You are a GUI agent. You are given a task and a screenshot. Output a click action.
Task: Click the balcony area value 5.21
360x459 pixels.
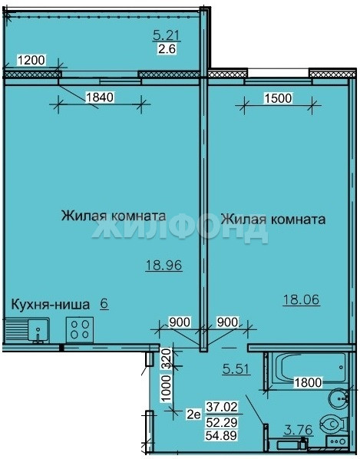(166, 36)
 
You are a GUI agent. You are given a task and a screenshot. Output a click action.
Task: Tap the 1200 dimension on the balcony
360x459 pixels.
(31, 61)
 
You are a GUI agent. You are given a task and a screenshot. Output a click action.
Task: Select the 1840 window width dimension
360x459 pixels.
(99, 97)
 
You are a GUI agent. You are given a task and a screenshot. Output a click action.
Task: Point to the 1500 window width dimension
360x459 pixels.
(278, 98)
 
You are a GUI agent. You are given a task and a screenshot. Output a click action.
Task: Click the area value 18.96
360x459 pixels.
(163, 266)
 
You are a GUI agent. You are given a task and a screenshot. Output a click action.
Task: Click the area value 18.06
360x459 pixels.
(301, 300)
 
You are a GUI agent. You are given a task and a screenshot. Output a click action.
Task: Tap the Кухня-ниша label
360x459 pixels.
(50, 305)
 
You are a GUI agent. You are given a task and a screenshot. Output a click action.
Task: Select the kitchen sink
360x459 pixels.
(26, 331)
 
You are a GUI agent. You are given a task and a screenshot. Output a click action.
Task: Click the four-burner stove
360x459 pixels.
(80, 329)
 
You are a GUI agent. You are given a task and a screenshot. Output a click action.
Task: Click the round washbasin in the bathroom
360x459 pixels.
(338, 398)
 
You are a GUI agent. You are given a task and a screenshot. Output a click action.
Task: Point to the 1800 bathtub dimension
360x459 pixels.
(309, 382)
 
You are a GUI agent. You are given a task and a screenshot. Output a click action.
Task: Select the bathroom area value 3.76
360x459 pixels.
(299, 430)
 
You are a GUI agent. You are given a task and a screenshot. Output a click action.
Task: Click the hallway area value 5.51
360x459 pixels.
(236, 369)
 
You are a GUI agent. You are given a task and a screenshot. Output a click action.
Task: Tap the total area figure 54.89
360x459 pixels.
(222, 435)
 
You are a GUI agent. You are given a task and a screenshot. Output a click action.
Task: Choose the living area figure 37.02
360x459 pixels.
(222, 407)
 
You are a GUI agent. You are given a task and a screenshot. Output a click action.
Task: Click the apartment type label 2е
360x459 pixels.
(194, 414)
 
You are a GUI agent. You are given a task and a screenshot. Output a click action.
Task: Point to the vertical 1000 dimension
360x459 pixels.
(167, 389)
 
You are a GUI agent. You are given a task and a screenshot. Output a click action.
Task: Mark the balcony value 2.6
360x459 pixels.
(167, 48)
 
